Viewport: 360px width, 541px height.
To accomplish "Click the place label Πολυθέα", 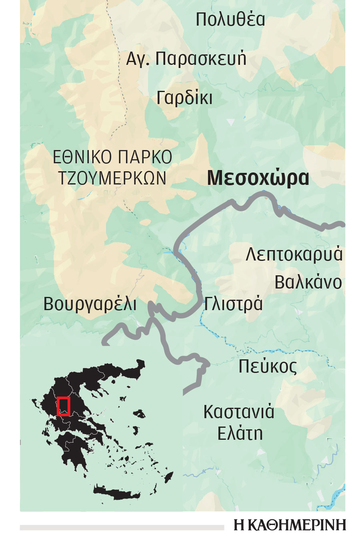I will [x=230, y=20].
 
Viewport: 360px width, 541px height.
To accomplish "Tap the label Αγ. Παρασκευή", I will [x=186, y=59].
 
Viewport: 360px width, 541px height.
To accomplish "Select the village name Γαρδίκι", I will [x=184, y=98].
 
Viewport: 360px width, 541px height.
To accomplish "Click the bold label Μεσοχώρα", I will [x=258, y=178].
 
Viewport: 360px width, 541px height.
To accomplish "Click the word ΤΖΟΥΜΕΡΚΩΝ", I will [x=112, y=178].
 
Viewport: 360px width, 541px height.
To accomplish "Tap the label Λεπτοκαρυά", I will [x=294, y=254].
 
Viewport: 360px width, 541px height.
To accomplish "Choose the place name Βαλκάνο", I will [x=308, y=283].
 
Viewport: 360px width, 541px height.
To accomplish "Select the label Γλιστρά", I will [x=233, y=304].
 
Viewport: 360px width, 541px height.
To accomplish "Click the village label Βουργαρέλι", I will [x=90, y=304].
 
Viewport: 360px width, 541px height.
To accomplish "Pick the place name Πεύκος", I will [x=268, y=367].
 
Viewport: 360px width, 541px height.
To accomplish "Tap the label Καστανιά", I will [x=239, y=412].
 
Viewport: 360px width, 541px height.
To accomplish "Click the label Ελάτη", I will [x=240, y=433].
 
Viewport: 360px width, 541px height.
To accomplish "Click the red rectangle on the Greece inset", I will [x=63, y=406].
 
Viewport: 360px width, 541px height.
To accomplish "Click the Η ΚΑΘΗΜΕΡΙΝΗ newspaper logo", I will [x=290, y=525].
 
